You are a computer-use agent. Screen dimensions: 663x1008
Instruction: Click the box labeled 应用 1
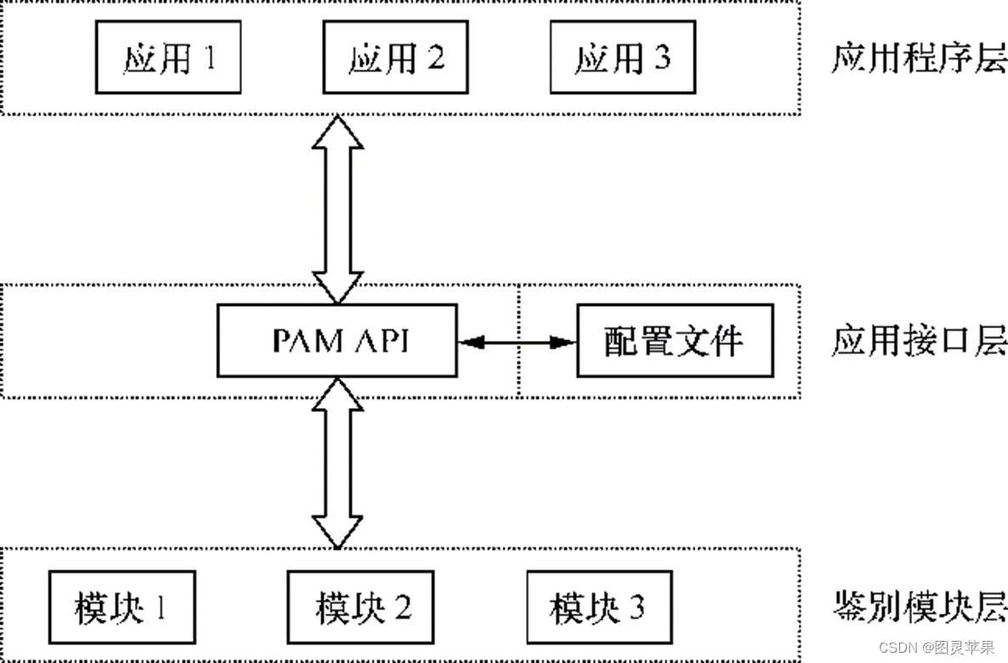(x=168, y=58)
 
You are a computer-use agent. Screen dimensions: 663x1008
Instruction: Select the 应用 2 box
(x=395, y=58)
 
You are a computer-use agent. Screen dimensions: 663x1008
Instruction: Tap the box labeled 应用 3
(x=622, y=58)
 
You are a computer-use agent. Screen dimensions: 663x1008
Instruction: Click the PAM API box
(x=337, y=341)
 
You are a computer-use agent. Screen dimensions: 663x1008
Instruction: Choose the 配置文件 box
(x=675, y=341)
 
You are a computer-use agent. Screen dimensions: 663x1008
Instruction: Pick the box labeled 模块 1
(x=122, y=608)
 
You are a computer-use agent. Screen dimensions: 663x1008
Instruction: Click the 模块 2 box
(x=361, y=608)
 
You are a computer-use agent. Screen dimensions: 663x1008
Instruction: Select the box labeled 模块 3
(x=598, y=608)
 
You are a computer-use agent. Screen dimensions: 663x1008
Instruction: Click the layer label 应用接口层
(x=918, y=342)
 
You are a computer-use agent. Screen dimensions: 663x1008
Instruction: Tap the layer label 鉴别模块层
(x=918, y=608)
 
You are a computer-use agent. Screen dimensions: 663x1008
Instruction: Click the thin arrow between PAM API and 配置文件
(x=517, y=342)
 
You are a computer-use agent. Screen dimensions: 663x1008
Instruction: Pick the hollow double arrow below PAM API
(x=337, y=463)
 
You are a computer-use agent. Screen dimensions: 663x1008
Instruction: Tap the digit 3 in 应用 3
(x=660, y=59)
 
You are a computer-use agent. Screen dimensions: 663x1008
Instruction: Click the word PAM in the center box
(x=304, y=341)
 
